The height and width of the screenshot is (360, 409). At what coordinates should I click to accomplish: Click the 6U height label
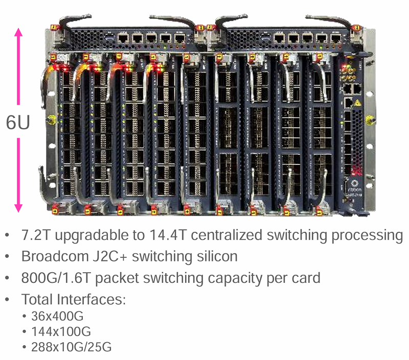pyautogui.click(x=18, y=122)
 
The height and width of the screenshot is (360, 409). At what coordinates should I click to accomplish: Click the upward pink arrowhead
pyautogui.click(x=18, y=32)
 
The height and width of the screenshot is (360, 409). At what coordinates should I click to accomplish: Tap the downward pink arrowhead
pyautogui.click(x=18, y=208)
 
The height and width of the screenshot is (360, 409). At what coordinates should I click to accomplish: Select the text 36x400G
pyautogui.click(x=57, y=316)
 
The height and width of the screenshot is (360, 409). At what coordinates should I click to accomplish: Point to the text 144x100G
pyautogui.click(x=61, y=331)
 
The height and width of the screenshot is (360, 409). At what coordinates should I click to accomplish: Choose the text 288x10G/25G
pyautogui.click(x=72, y=347)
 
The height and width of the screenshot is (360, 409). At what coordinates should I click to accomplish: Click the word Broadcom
pyautogui.click(x=55, y=256)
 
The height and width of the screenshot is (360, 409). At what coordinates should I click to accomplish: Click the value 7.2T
pyautogui.click(x=35, y=235)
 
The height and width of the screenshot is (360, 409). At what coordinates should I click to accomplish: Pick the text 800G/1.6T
pyautogui.click(x=56, y=278)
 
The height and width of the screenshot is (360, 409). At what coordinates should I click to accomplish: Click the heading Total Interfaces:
pyautogui.click(x=74, y=299)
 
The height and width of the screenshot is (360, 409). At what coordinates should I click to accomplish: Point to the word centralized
pyautogui.click(x=226, y=235)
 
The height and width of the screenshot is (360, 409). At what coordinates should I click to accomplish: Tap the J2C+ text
pyautogui.click(x=110, y=256)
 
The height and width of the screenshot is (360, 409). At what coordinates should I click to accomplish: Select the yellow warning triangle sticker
pyautogui.click(x=357, y=103)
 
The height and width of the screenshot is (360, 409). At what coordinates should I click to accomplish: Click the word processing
pyautogui.click(x=367, y=235)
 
